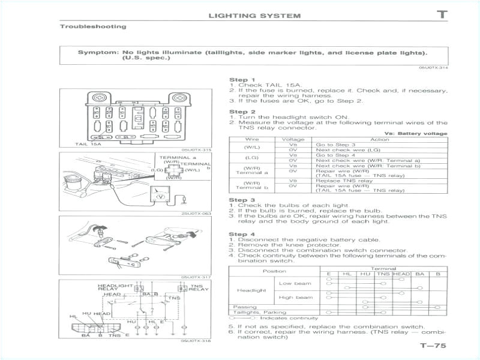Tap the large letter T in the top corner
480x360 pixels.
[x=442, y=14]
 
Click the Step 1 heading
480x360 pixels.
[x=242, y=80]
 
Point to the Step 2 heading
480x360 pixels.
[x=242, y=112]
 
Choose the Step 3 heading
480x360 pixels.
[x=242, y=200]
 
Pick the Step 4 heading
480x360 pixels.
[x=242, y=234]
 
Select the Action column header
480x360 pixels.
[x=380, y=139]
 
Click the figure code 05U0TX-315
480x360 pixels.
[x=196, y=150]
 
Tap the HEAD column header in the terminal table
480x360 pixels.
[x=401, y=274]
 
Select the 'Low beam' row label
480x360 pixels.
[x=295, y=283]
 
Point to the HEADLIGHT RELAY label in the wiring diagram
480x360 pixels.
[x=115, y=287]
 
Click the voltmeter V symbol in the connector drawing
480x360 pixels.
[x=160, y=196]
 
